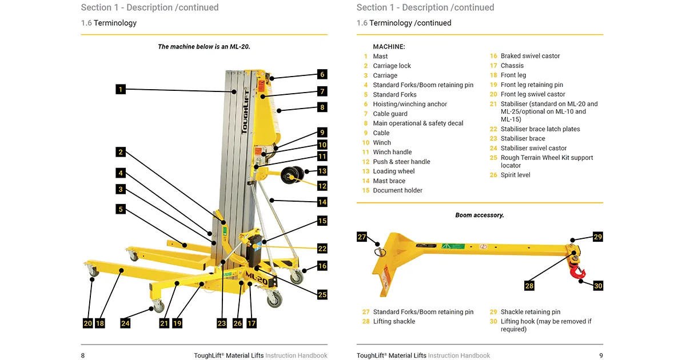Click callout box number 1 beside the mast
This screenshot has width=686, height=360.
tap(120, 89)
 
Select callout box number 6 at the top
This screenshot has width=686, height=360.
tap(322, 74)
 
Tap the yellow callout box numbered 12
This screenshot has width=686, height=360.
tap(322, 186)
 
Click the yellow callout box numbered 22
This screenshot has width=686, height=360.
tap(322, 249)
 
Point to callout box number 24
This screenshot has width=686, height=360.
tap(125, 323)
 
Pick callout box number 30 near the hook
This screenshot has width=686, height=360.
tap(597, 286)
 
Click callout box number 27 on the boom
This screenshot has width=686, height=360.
tap(362, 237)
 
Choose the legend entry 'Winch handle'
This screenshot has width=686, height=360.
tap(392, 152)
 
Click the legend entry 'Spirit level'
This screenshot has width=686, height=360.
tap(515, 175)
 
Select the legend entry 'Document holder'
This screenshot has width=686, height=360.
tap(397, 190)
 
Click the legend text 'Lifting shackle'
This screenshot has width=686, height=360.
tap(394, 322)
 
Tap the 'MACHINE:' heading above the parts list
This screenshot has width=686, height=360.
tap(389, 46)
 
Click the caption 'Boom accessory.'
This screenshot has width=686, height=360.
tap(479, 215)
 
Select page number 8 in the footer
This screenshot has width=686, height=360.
tap(83, 355)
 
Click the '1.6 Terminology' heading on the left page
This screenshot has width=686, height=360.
tap(109, 23)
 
